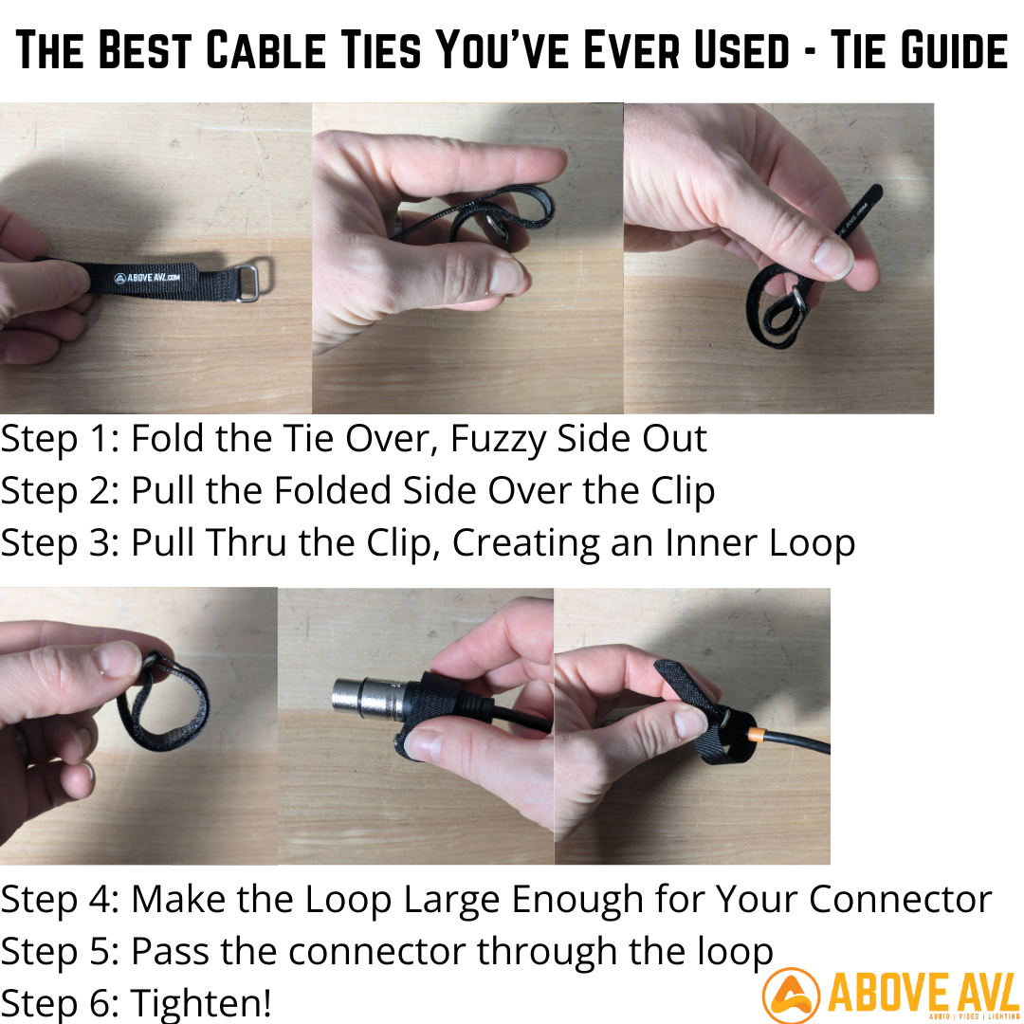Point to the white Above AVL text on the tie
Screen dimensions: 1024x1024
[x=152, y=277]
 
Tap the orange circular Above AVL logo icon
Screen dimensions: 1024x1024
[x=793, y=995]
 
